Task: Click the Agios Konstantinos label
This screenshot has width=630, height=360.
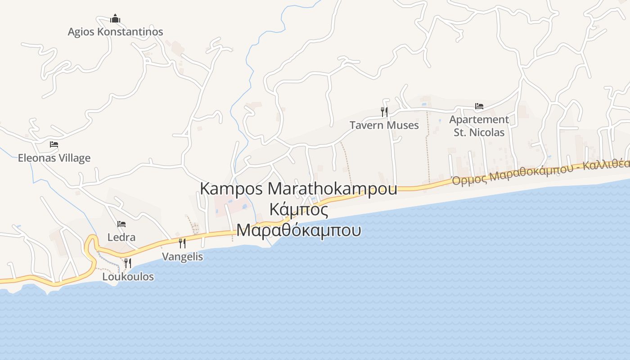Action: point(115,32)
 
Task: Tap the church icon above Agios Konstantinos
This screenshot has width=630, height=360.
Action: point(115,19)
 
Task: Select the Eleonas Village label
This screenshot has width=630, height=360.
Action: point(54,158)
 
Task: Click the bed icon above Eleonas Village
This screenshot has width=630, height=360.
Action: point(54,144)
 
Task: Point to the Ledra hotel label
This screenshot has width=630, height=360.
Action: point(121,237)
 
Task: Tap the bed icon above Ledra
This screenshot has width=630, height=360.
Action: point(121,224)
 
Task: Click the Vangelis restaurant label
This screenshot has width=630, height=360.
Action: point(182,257)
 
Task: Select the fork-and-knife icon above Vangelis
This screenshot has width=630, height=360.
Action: point(182,243)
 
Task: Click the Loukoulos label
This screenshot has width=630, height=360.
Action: point(128,277)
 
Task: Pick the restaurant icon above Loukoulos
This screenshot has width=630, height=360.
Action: point(128,263)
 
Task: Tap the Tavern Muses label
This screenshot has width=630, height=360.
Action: point(384,125)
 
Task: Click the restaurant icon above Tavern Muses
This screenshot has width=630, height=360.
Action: point(384,112)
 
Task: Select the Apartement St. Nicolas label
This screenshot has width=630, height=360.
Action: point(479,126)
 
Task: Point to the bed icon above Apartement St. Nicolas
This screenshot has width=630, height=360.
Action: point(479,107)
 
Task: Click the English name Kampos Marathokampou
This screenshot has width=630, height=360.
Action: point(298,189)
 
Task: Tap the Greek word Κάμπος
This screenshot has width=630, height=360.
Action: point(298,209)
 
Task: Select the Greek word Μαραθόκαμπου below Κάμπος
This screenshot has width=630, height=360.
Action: point(298,230)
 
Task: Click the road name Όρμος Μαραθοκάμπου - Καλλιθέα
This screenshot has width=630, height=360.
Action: point(540,171)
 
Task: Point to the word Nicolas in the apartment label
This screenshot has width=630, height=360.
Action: point(487,132)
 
